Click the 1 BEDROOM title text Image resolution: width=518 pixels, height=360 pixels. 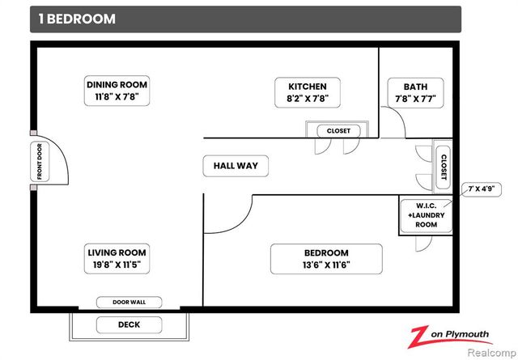(77, 19)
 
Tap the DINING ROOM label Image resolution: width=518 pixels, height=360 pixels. (117, 91)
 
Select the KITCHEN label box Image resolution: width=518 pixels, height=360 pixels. (308, 92)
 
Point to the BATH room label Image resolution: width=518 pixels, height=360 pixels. (415, 93)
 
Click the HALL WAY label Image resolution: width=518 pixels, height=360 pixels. (236, 166)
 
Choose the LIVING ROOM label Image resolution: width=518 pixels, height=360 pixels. (117, 259)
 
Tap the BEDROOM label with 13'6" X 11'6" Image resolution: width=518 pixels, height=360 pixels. (326, 259)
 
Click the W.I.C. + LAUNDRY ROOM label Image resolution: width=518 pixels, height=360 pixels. (427, 215)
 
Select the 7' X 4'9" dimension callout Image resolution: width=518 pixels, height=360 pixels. (482, 189)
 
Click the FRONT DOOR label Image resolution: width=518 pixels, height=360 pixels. (40, 162)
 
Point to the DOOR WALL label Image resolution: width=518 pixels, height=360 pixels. (129, 303)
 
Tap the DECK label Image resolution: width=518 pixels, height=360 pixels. (129, 325)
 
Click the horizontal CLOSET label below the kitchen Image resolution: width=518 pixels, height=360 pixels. (338, 131)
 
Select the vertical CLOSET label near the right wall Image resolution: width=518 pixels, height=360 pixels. (444, 167)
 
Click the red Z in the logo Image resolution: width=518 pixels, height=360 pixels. (419, 337)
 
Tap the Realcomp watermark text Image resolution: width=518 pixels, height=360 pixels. (492, 353)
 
